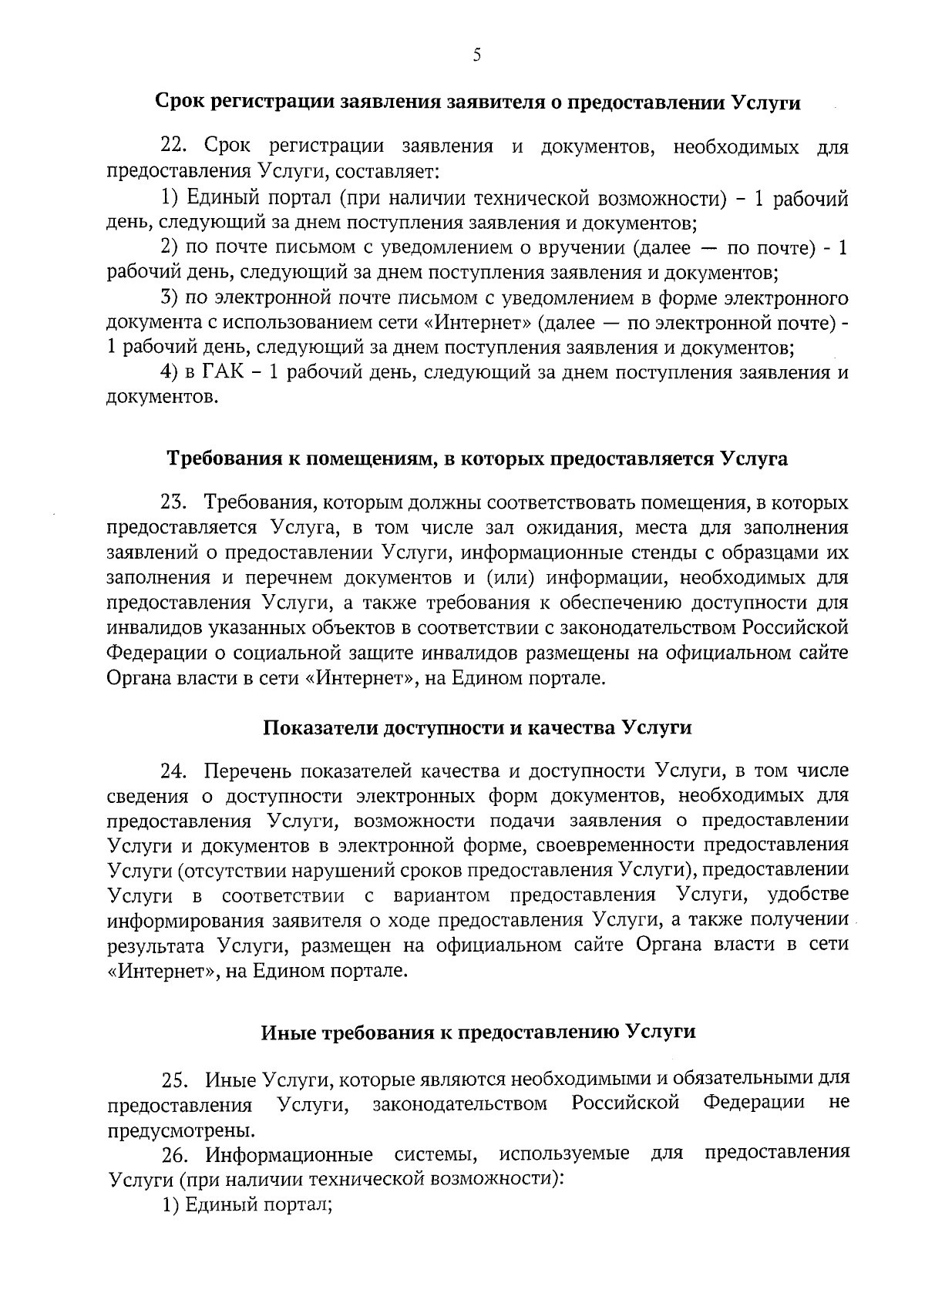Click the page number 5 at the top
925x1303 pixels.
(476, 55)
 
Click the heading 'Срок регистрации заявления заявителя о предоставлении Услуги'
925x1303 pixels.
(478, 103)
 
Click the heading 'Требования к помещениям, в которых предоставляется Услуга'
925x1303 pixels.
(478, 459)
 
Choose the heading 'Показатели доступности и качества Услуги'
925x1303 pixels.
(478, 727)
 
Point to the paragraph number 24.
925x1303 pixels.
(173, 771)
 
